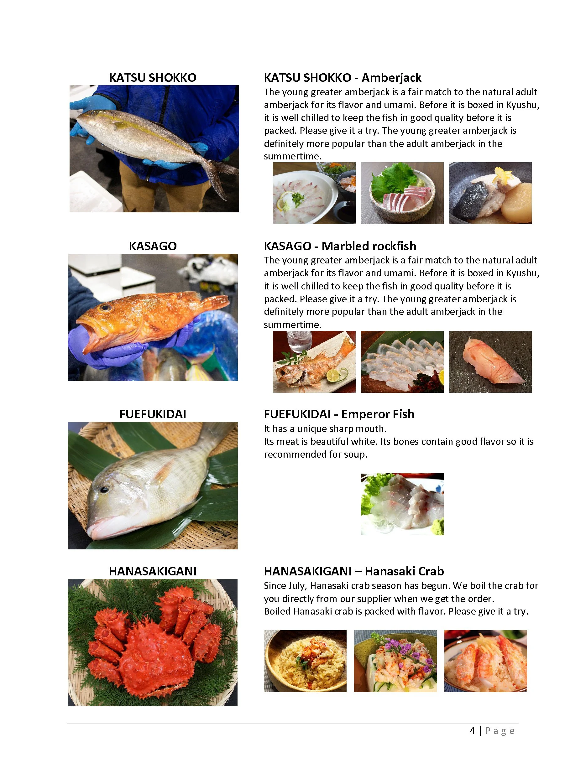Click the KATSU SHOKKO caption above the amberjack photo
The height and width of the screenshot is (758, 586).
(x=153, y=77)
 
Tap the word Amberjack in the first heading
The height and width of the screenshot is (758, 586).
(x=391, y=77)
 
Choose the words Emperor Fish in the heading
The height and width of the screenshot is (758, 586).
(x=378, y=414)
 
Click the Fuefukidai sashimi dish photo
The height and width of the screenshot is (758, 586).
(x=402, y=504)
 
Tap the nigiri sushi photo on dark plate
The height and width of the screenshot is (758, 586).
(x=490, y=362)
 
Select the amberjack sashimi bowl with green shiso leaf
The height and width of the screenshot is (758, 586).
(x=402, y=193)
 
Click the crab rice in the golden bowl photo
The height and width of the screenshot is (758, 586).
(x=305, y=661)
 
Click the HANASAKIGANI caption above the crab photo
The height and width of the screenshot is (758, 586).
(x=153, y=571)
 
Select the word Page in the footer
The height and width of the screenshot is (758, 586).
(x=500, y=731)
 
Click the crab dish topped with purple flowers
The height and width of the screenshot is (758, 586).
(x=395, y=661)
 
